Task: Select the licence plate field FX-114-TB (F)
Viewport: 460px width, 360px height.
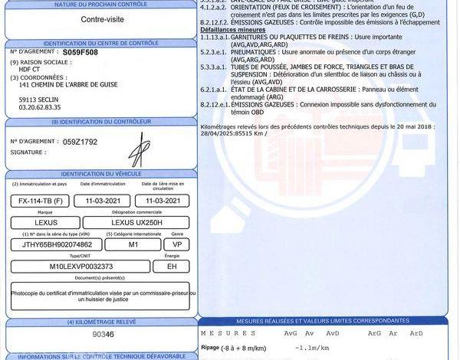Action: pos(39,200)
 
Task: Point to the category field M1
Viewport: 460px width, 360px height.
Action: pos(133,244)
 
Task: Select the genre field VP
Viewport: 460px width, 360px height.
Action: pos(176,244)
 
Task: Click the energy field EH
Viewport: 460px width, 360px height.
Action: pos(171,266)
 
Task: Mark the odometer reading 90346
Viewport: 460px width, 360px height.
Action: pos(103,335)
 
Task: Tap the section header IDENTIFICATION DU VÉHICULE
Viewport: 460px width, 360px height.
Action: pos(97,174)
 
